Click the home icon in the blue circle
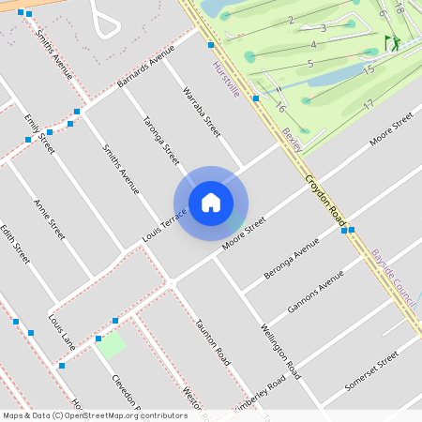pyautogui.click(x=211, y=203)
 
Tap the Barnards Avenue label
pyautogui.click(x=147, y=68)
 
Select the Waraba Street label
pyautogui.click(x=201, y=113)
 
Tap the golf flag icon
pyautogui.click(x=391, y=43)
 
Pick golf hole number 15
pyautogui.click(x=369, y=70)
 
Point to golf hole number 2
pyautogui.click(x=291, y=20)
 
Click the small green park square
pyautogui.click(x=112, y=344)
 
